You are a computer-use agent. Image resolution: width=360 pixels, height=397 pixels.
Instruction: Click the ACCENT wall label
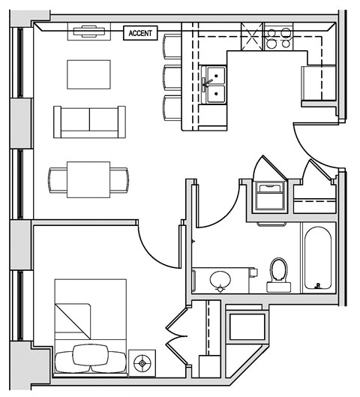pyautogui.click(x=140, y=32)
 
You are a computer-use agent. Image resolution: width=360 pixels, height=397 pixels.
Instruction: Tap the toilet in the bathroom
pyautogui.click(x=279, y=275)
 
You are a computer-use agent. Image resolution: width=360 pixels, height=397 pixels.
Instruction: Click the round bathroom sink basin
pyautogui.click(x=220, y=279)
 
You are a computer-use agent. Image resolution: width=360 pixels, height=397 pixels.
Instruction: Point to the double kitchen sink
pyautogui.click(x=214, y=84)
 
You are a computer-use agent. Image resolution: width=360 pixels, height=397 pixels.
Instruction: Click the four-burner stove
pyautogui.click(x=280, y=38)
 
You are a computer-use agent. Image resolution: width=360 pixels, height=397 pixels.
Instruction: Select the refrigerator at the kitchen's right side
pyautogui.click(x=319, y=83)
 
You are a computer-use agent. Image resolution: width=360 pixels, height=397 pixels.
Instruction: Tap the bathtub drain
pyautogui.click(x=319, y=285)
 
